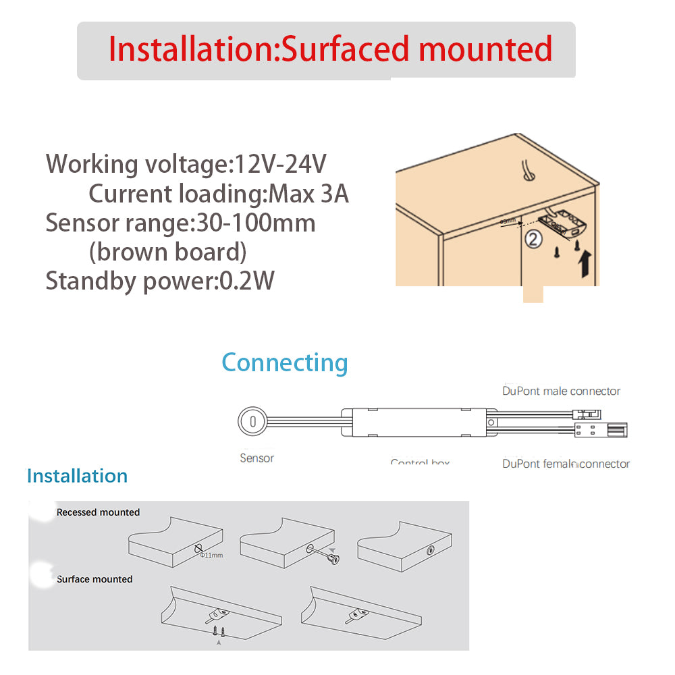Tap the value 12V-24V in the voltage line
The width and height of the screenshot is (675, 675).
[280, 164]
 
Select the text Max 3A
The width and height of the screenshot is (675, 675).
[308, 194]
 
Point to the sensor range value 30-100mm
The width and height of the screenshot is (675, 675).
[255, 223]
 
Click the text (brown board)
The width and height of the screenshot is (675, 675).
[167, 252]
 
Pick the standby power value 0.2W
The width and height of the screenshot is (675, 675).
[247, 281]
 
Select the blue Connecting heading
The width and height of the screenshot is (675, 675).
[284, 362]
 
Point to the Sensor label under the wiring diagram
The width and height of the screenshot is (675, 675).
[256, 458]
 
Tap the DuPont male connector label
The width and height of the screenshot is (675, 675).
[561, 391]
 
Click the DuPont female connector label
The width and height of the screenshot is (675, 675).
[566, 464]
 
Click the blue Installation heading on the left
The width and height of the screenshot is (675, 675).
[77, 476]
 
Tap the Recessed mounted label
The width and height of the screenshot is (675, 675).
[98, 512]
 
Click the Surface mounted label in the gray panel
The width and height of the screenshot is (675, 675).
[94, 579]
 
